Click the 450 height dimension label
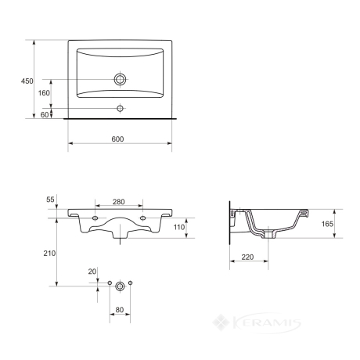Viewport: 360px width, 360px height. tap(27, 81)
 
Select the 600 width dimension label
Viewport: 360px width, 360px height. tap(117, 139)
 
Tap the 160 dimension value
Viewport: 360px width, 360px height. tap(44, 93)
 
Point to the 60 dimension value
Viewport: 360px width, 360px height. tap(45, 114)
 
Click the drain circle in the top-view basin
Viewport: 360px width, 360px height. tap(120, 79)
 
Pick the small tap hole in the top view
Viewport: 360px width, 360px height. tap(120, 108)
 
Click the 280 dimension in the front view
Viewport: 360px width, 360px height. tap(119, 202)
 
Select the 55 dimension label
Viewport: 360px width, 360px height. tap(50, 200)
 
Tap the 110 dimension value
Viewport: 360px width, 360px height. tap(179, 227)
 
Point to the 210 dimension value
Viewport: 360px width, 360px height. tap(49, 253)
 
